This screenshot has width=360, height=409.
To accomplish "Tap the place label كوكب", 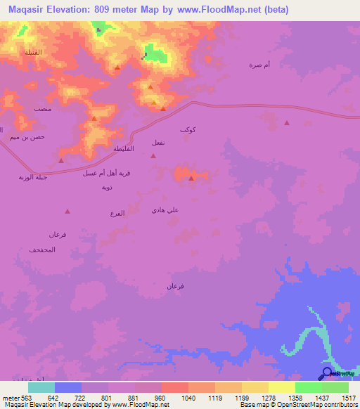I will point(188,130).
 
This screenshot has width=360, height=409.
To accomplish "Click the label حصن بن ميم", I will point(27,137).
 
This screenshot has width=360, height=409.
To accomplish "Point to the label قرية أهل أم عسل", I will point(105,173).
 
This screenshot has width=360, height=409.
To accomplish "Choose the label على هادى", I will point(165,209).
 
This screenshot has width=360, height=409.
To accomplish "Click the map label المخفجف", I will point(42,250).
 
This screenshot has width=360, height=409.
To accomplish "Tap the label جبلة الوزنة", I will point(32,177).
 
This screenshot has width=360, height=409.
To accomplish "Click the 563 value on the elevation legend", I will point(25,397).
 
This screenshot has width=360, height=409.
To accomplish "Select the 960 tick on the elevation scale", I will point(160,397).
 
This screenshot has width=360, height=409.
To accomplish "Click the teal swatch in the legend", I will point(41,387).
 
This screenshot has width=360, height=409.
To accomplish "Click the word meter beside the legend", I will point(8,397).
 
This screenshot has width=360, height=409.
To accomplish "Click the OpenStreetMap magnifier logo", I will point(327,374).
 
